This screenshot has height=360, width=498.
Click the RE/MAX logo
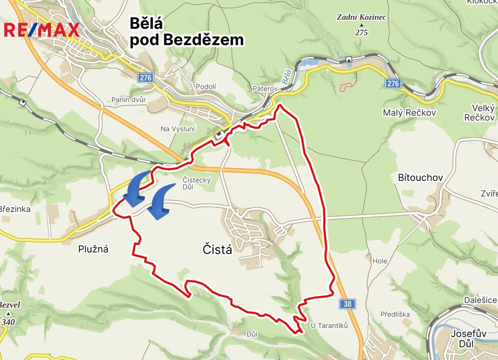[x=41, y=30]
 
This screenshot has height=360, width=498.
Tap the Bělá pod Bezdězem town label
[x=186, y=32]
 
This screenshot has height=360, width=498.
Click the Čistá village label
[x=217, y=250]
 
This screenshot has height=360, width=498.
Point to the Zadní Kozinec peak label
[x=361, y=18]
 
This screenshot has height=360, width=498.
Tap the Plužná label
[x=93, y=249]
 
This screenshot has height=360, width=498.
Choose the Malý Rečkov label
[x=409, y=113]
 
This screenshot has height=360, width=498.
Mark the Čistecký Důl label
[x=196, y=183]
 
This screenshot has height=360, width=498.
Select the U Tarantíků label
[x=329, y=325]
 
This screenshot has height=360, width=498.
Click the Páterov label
[x=265, y=90]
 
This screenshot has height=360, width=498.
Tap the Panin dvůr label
[x=128, y=99]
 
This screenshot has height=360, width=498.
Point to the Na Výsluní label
[x=178, y=128]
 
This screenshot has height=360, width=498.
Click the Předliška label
[x=395, y=314]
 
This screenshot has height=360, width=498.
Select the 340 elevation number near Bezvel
[x=8, y=322]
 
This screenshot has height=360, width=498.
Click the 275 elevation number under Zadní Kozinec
[x=361, y=33]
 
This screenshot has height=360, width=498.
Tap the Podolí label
[x=206, y=87]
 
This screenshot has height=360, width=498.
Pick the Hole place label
[x=380, y=261]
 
